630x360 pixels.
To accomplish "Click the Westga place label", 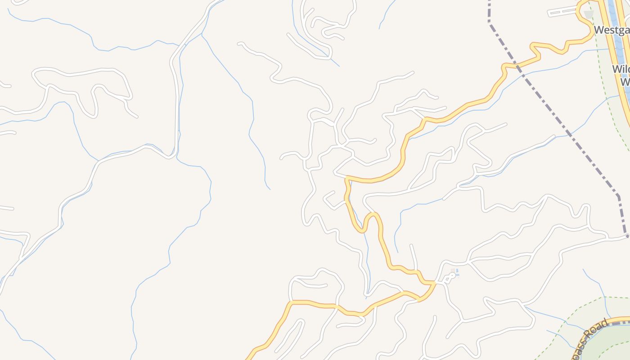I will pos(612,30).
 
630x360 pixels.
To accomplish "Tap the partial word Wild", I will pos(621,69).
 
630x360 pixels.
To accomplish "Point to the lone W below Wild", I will pos(625,82).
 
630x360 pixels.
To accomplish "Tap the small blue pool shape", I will pos(457,272).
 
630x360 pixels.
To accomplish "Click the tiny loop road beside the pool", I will pos(449,278).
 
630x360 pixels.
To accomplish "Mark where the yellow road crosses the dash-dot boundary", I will pos(517,67).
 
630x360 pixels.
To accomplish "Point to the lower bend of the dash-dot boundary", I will pos(618,196).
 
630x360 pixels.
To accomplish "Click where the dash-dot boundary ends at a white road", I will pos(626,235).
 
